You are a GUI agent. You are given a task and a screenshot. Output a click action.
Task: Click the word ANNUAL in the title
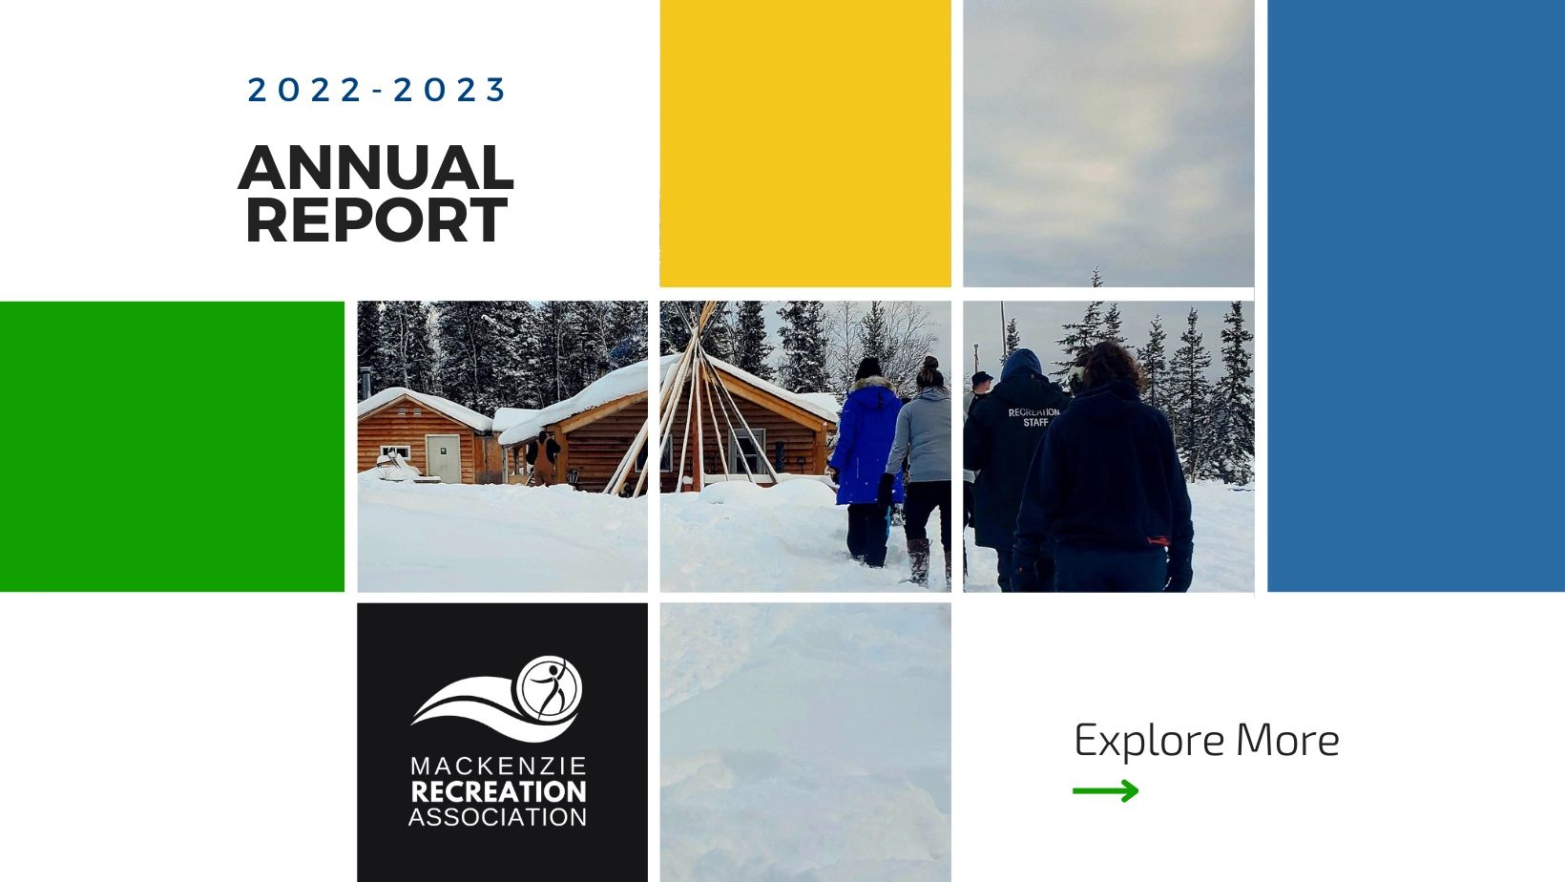376,168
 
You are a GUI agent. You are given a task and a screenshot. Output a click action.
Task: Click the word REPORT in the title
376,220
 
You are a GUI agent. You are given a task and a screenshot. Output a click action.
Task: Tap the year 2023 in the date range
449,90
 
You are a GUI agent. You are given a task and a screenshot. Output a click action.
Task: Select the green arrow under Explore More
1105,791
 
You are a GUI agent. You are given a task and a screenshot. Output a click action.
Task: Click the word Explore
1149,741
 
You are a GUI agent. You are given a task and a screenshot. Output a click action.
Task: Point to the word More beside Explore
1287,740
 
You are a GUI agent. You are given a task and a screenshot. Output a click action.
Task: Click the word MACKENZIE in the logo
498,766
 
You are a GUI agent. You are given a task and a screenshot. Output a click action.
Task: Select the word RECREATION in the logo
498,792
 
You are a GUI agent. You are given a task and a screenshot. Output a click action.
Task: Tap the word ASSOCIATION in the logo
497,817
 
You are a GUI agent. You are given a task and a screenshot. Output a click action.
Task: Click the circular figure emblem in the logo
549,688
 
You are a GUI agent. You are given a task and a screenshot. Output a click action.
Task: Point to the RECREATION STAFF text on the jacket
1034,417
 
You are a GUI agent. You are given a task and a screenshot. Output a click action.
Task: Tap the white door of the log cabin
443,458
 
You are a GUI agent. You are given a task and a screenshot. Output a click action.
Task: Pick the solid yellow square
804,143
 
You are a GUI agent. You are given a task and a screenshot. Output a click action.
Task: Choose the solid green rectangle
172,447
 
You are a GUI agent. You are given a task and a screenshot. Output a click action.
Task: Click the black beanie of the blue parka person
868,367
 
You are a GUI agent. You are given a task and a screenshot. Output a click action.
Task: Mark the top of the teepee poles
707,304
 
